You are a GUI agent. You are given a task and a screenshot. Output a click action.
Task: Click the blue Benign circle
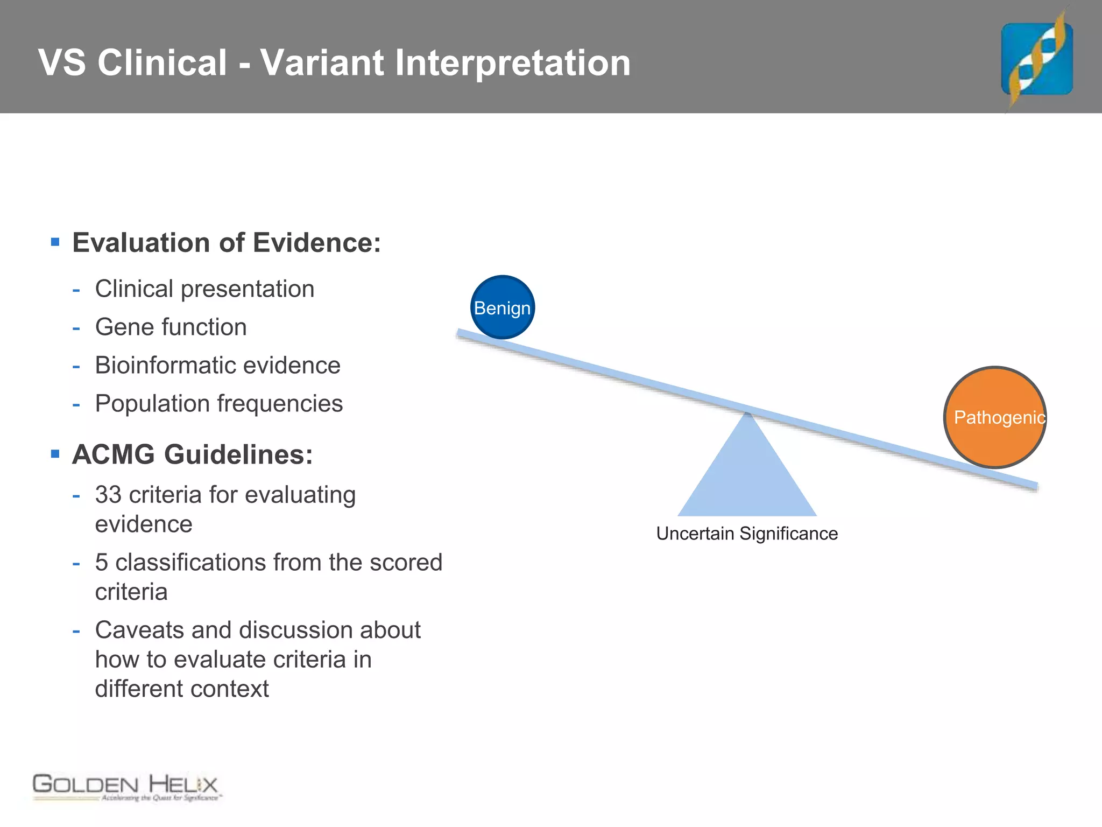[x=503, y=307]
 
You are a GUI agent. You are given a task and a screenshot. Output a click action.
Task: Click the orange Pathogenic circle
[x=995, y=417]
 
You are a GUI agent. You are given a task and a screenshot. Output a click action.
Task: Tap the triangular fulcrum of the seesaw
[x=747, y=474]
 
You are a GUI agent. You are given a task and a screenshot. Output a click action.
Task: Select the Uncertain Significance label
[x=747, y=534]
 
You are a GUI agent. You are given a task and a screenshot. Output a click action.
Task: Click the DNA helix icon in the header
[x=1036, y=59]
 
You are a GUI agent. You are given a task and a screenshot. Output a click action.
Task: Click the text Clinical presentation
[x=204, y=289]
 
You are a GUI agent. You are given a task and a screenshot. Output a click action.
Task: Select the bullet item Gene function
[x=171, y=327]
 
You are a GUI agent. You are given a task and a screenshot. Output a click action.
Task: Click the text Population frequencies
[x=218, y=404]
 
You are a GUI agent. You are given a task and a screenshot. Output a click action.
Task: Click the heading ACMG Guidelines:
[x=192, y=454]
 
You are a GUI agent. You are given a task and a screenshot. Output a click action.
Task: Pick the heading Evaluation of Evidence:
[x=226, y=243]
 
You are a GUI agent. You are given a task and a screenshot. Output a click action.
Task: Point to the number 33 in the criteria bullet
[x=108, y=495]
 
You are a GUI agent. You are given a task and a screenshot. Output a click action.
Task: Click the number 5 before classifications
[x=102, y=563]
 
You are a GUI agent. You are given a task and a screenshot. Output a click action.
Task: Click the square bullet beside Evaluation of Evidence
[x=55, y=242]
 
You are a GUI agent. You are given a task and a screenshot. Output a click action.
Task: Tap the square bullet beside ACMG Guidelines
[x=55, y=454]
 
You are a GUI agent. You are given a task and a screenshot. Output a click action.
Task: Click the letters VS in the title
[x=62, y=63]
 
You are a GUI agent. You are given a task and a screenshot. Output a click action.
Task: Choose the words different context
[x=181, y=689]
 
